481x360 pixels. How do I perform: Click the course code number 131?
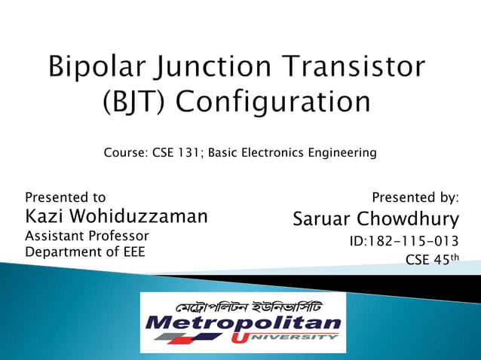[188, 154]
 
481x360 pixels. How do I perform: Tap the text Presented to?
[66, 197]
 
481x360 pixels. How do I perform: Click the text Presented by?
[415, 197]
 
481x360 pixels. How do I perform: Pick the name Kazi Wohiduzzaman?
[116, 217]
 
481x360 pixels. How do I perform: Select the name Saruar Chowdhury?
[375, 219]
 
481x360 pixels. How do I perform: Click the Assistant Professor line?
[87, 236]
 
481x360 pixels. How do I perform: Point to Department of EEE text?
[85, 252]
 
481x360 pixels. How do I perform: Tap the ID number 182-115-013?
[404, 242]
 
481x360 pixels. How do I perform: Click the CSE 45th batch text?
[431, 260]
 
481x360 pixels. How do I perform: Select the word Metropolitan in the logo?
[243, 325]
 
